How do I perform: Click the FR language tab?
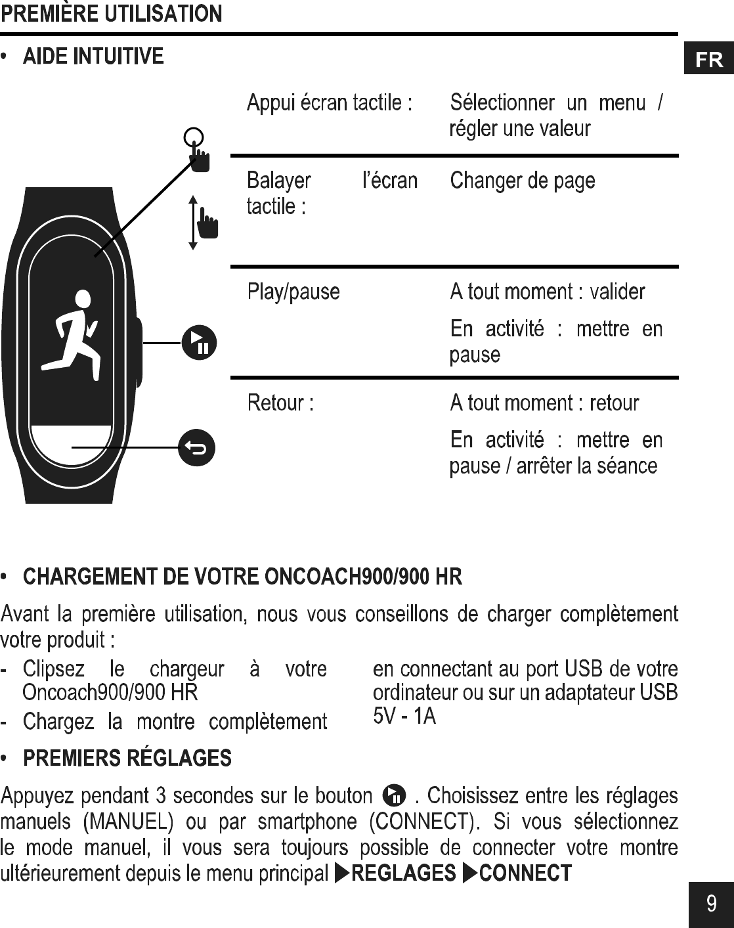(x=709, y=60)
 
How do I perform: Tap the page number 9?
(x=711, y=904)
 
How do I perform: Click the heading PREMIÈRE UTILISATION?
(x=111, y=14)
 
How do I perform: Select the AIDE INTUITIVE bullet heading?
(x=93, y=56)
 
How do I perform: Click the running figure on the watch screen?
(x=73, y=334)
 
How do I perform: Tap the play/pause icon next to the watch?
(x=199, y=342)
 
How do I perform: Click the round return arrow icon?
(x=197, y=447)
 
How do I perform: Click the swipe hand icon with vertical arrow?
(x=204, y=222)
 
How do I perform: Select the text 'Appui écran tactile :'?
(x=330, y=103)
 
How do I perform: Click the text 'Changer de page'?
(x=523, y=181)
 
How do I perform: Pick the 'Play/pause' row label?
(x=293, y=292)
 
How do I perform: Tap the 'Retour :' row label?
(x=280, y=403)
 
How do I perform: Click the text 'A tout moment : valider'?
(x=548, y=292)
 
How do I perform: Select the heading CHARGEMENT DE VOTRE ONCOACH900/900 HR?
(x=242, y=577)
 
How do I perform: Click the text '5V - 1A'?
(x=404, y=716)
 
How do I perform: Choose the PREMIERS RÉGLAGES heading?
(x=127, y=759)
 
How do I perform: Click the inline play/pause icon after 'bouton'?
(x=394, y=795)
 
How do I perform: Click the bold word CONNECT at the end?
(x=525, y=873)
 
